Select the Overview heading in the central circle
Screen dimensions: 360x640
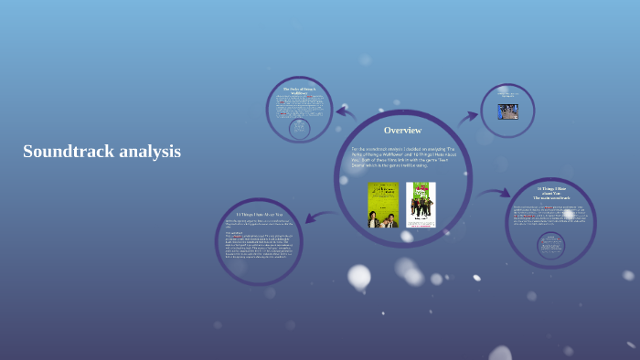tap(402, 130)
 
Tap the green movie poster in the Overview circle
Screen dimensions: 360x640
tap(382, 205)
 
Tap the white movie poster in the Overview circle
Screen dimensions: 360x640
tap(421, 205)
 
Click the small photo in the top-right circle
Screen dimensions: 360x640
tap(507, 111)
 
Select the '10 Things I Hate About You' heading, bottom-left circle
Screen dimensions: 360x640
tap(259, 214)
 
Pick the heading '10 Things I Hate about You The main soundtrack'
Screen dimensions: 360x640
tap(552, 193)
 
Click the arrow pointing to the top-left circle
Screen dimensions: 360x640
tap(345, 112)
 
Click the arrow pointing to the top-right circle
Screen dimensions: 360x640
tap(468, 116)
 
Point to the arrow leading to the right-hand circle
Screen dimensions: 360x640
tap(495, 193)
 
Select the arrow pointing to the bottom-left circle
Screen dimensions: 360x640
tap(314, 216)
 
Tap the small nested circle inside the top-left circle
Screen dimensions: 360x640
tap(299, 129)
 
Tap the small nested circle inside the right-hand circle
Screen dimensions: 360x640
tap(551, 244)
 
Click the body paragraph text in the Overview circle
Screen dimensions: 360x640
tap(402, 157)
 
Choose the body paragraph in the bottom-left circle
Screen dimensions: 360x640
tap(259, 244)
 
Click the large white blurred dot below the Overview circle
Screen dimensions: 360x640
tap(359, 275)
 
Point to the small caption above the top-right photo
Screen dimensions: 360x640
tap(507, 94)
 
